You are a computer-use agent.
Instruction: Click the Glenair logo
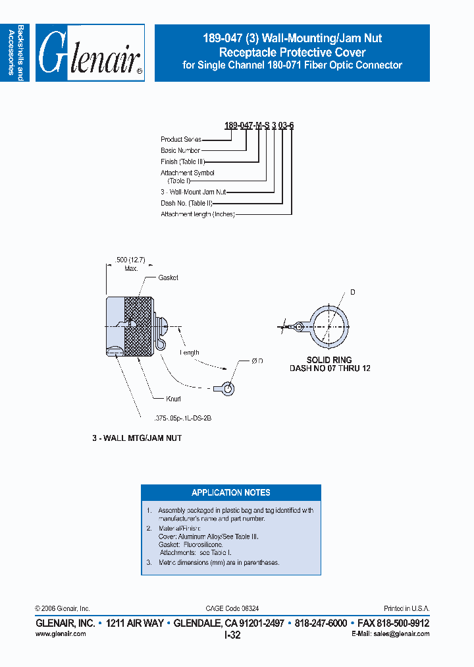coord(90,53)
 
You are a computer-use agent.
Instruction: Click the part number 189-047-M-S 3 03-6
coord(259,126)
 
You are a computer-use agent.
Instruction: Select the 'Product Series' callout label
coord(181,140)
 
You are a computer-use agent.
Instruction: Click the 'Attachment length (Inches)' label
coord(197,214)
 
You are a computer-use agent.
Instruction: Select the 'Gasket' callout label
coord(168,278)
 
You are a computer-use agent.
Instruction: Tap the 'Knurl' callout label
coord(174,399)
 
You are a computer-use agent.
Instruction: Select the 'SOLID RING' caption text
coord(330,361)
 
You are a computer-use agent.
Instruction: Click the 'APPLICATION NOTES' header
coord(230,492)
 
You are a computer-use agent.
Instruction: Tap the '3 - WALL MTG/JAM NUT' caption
coord(137,438)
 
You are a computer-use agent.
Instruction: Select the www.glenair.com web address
coord(60,633)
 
